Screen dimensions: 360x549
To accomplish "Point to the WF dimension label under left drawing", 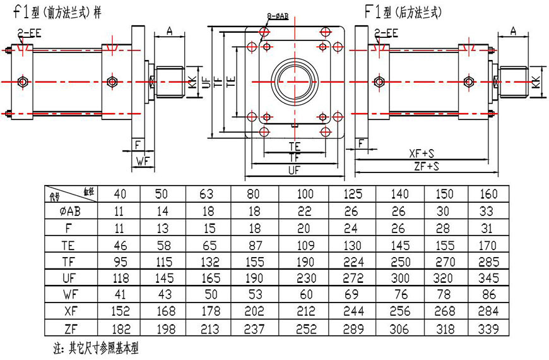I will [x=142, y=161].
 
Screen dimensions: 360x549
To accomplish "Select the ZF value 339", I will [x=488, y=327].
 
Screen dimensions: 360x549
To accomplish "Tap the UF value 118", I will [x=115, y=278].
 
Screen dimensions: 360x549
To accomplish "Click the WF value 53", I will [x=254, y=294].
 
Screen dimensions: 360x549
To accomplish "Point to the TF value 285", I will [x=488, y=261].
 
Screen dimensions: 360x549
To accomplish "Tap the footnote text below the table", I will [x=95, y=348].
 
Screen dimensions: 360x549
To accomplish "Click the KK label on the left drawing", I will [x=191, y=81].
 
